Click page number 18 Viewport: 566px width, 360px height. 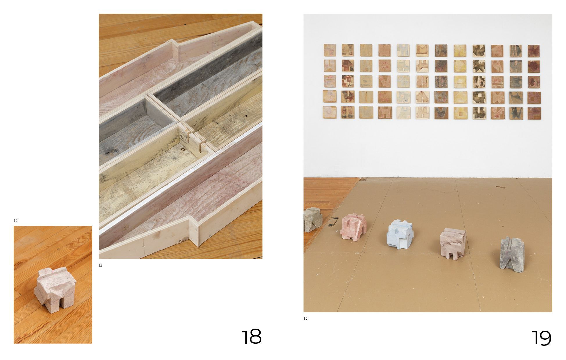pos(251,337)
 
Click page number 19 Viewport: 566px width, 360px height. pos(542,338)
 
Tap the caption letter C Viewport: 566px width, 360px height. pos(15,221)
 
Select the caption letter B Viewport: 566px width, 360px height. pos(101,265)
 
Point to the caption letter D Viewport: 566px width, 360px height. pos(306,318)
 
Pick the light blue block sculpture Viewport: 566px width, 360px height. pos(400,234)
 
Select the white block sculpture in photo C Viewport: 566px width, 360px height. pos(55,290)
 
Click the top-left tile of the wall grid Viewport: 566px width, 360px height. pos(330,50)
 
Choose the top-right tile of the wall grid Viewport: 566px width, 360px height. pos(534,51)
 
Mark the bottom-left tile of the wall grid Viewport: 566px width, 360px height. pos(330,112)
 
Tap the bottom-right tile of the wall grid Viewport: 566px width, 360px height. pos(534,114)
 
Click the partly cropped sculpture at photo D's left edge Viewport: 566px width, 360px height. pos(313,219)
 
